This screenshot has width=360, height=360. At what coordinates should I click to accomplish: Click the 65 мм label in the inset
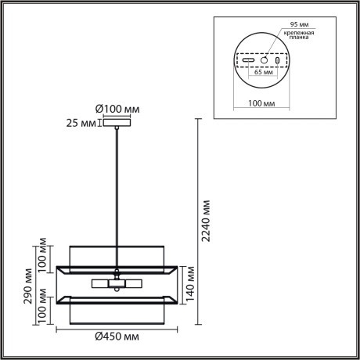[x=263, y=81]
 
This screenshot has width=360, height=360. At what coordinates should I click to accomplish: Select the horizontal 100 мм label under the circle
[x=262, y=102]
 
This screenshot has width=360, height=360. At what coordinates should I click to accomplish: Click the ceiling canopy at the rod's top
[x=117, y=121]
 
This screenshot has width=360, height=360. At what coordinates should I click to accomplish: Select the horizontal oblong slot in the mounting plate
[x=247, y=60]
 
